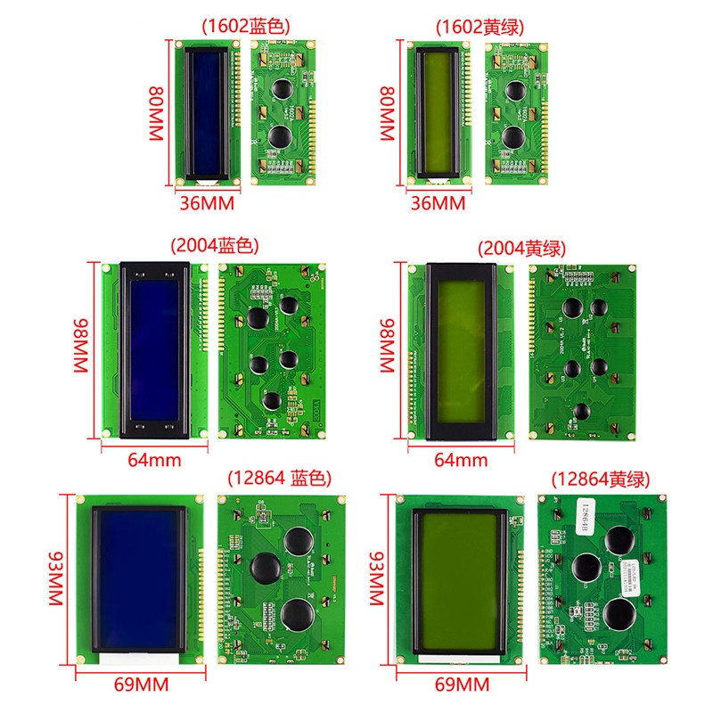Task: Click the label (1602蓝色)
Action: [247, 26]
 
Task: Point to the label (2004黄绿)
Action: [521, 248]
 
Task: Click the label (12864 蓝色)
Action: [280, 477]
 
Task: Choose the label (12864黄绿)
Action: [601, 479]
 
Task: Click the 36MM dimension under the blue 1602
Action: [206, 203]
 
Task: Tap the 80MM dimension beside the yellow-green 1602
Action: [386, 113]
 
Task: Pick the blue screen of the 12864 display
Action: [139, 579]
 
